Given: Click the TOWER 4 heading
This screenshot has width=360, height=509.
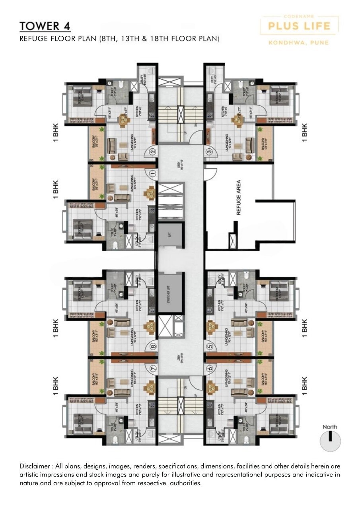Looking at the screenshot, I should click(x=45, y=26).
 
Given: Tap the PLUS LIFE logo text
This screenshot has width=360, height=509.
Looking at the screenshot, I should click(x=299, y=26).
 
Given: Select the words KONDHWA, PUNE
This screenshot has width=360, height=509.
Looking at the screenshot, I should click(x=299, y=42).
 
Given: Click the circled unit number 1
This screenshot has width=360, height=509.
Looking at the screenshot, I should click(x=152, y=173).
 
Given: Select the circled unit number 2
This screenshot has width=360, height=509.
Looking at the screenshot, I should click(x=152, y=151).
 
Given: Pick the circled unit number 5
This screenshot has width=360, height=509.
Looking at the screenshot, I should click(x=210, y=346).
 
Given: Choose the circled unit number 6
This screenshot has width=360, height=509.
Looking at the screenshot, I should click(x=210, y=369).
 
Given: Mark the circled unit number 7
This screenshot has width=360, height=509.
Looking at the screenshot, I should click(x=152, y=369).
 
